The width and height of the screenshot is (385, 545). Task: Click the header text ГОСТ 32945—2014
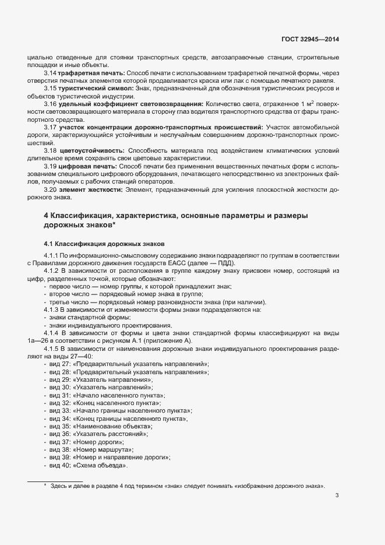(x=309, y=40)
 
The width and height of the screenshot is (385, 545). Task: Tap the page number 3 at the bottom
(x=337, y=496)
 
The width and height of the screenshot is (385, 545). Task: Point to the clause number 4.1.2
(x=52, y=270)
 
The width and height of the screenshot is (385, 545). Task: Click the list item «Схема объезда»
(x=100, y=466)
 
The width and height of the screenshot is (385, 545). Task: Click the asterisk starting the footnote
(x=45, y=486)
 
